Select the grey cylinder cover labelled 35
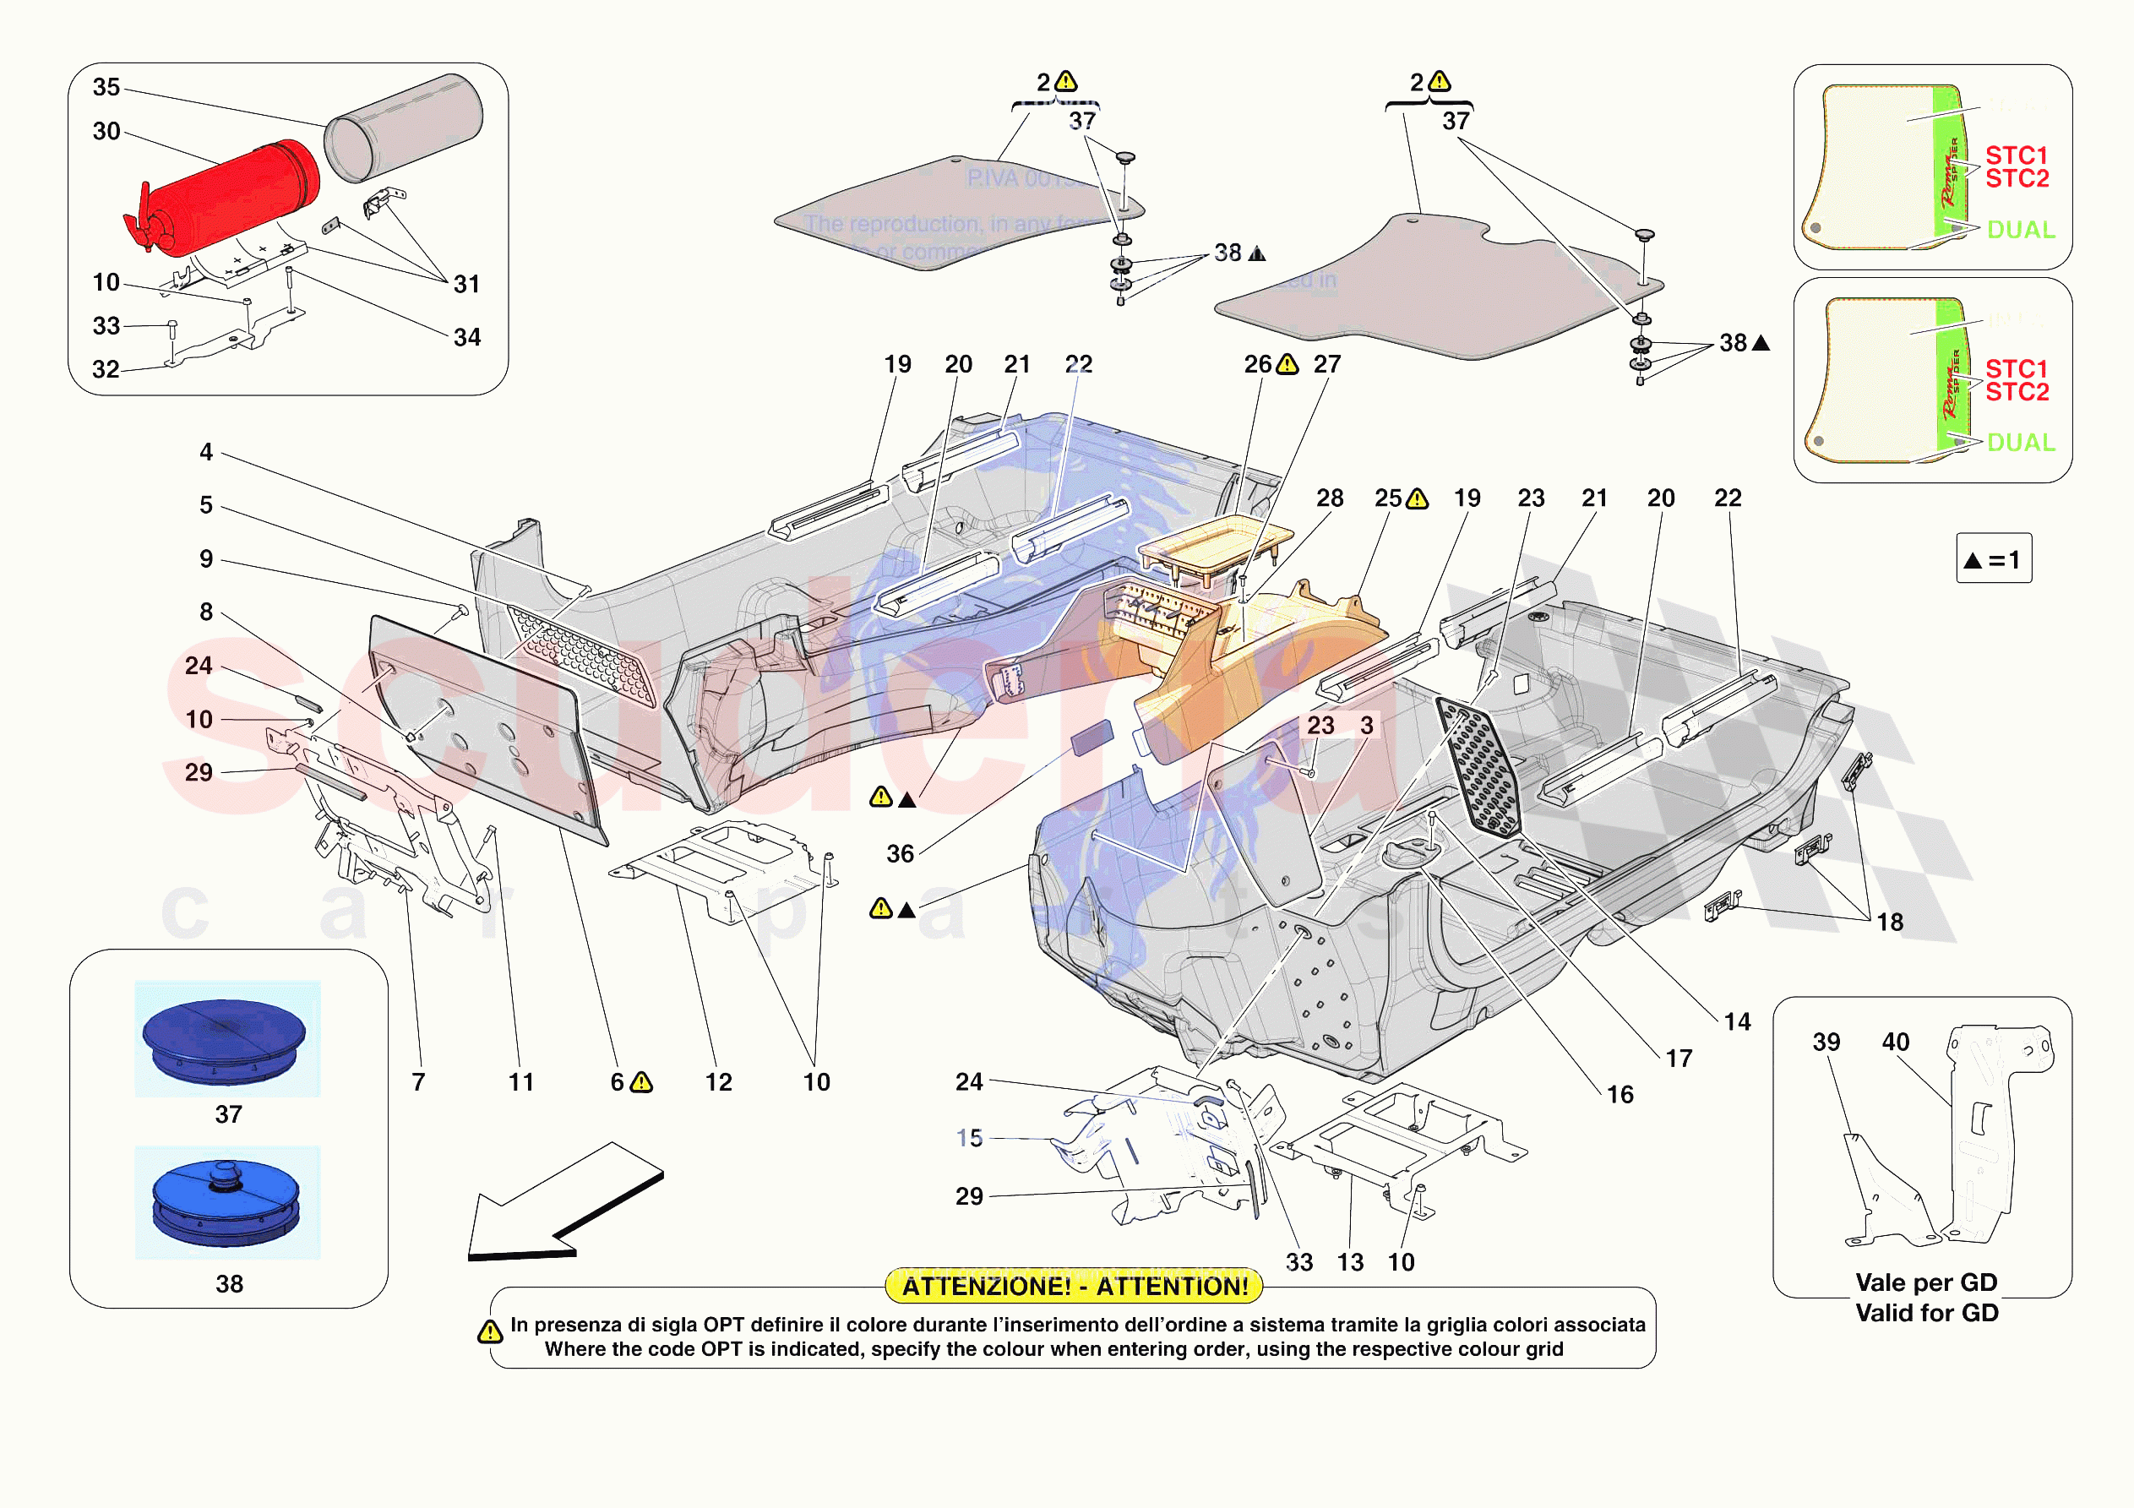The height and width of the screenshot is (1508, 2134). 406,128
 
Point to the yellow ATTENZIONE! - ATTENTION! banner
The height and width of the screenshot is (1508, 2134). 1075,1286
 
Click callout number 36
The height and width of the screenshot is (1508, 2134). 900,853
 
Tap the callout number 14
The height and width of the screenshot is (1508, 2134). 1736,1021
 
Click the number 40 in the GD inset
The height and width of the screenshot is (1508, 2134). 1895,1042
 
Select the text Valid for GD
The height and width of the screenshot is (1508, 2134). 1926,1313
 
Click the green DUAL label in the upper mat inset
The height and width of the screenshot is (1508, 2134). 2020,230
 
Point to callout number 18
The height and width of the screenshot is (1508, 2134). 1889,923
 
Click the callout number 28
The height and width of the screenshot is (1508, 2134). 1329,498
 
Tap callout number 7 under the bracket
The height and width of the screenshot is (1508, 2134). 418,1082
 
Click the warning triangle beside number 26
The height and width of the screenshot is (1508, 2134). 1287,364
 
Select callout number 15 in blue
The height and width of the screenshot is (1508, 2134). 968,1138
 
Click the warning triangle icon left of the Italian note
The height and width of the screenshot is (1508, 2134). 490,1332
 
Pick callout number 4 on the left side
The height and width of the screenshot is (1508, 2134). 206,453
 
